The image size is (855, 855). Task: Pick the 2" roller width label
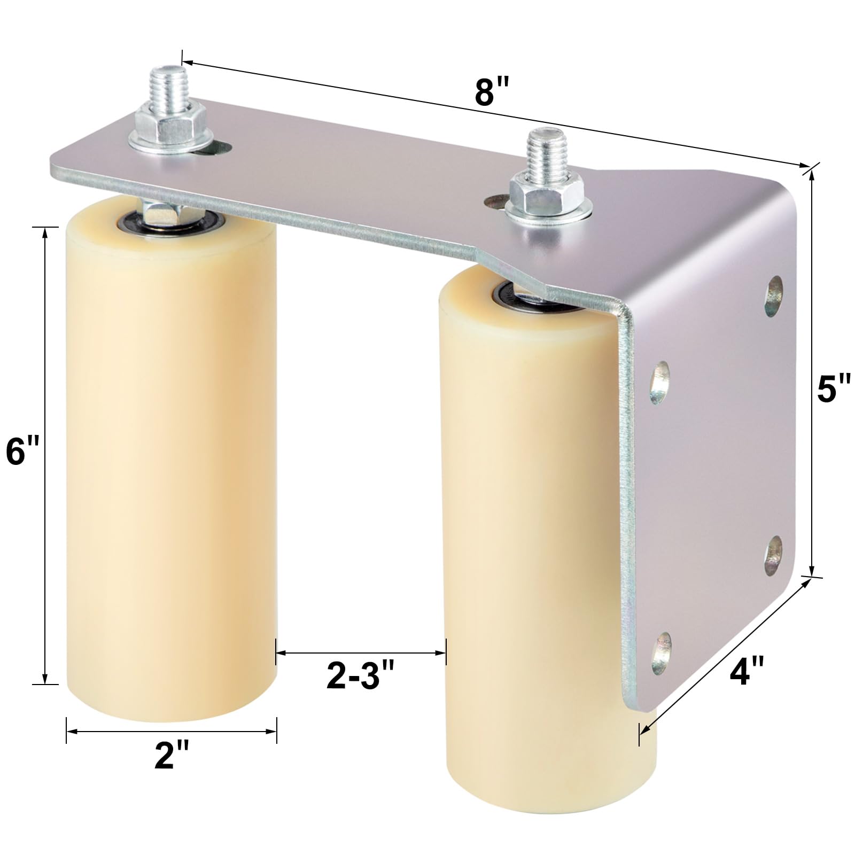pos(172,757)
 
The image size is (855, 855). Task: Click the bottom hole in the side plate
pos(662,653)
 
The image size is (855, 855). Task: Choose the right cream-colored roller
pos(534,534)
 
